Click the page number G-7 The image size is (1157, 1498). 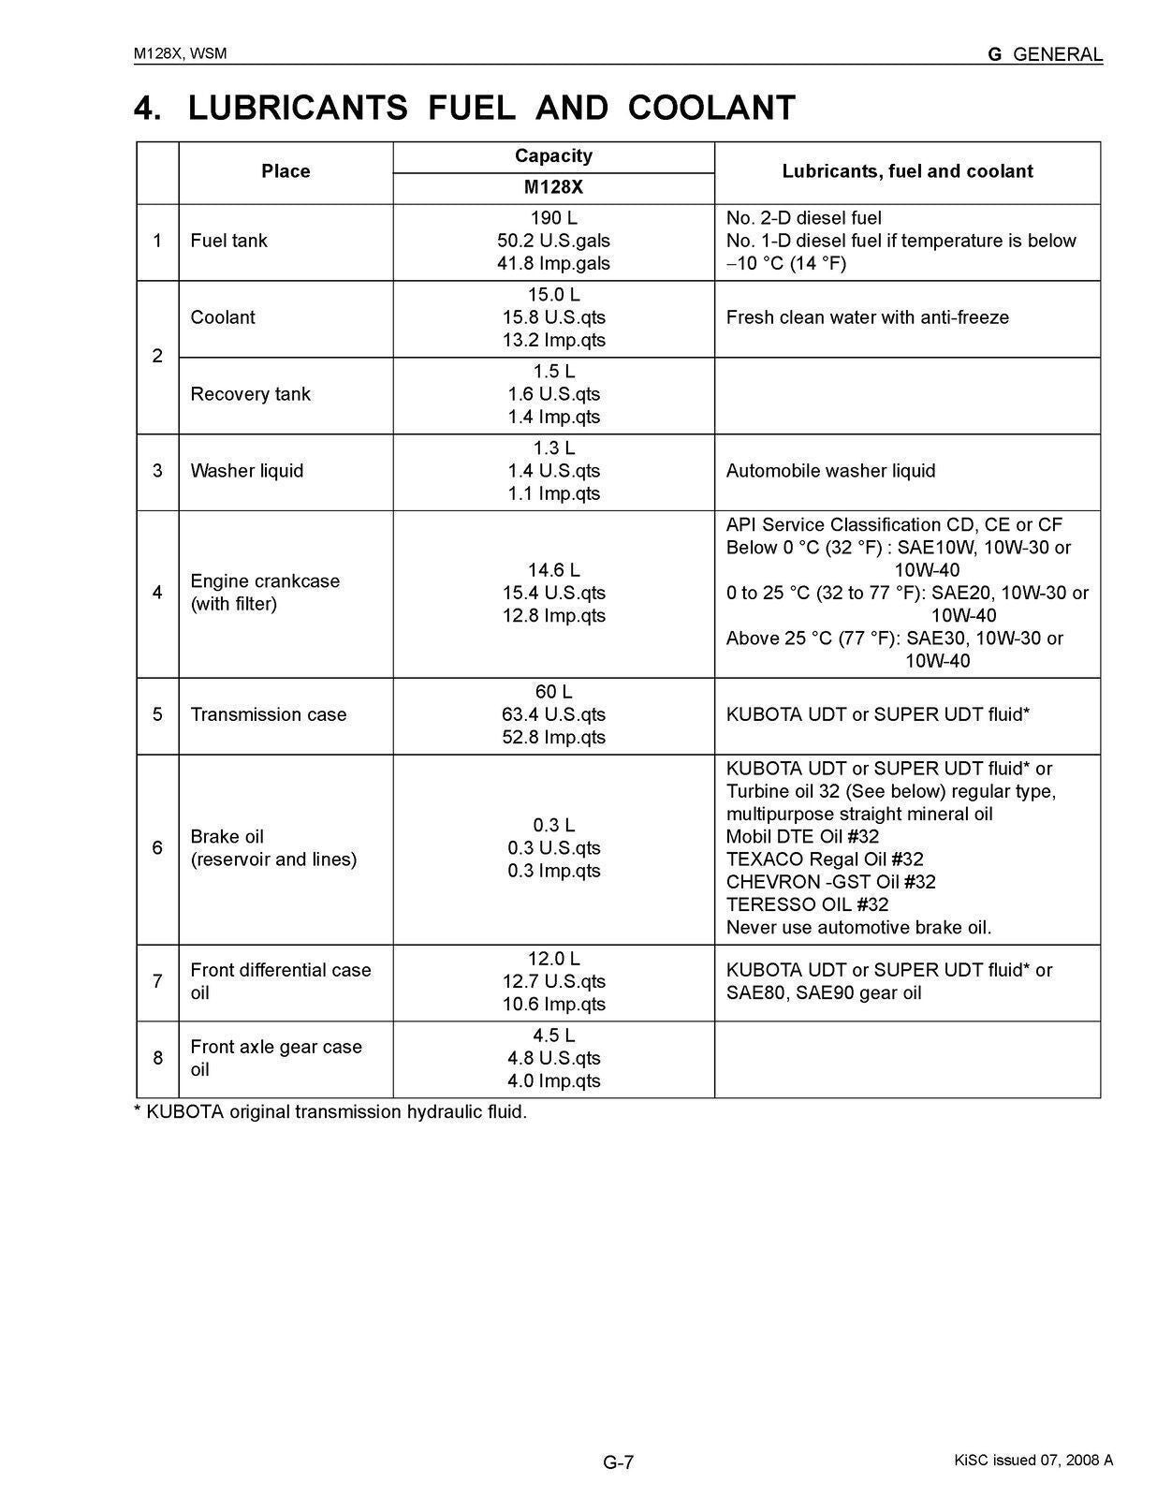pyautogui.click(x=618, y=1461)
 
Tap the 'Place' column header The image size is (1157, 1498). pyautogui.click(x=286, y=171)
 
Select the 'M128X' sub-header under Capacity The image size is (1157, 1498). pyautogui.click(x=553, y=187)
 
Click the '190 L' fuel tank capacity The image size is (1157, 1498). pyautogui.click(x=553, y=218)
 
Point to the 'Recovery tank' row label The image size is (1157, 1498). pyautogui.click(x=250, y=394)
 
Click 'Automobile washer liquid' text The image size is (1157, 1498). pyautogui.click(x=830, y=471)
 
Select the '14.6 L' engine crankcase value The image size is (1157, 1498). pyautogui.click(x=553, y=570)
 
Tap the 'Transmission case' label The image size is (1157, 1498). pyautogui.click(x=268, y=714)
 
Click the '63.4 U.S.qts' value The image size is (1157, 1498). pyautogui.click(x=553, y=714)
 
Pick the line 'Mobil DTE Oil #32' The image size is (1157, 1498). pyautogui.click(x=802, y=836)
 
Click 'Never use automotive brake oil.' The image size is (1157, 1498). pyautogui.click(x=858, y=927)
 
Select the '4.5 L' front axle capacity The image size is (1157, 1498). pyautogui.click(x=553, y=1035)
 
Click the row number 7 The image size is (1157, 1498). pyautogui.click(x=157, y=981)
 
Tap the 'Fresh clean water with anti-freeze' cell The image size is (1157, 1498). pyautogui.click(x=867, y=317)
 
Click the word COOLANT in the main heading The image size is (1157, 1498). pyautogui.click(x=711, y=109)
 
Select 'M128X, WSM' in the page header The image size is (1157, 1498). pyautogui.click(x=180, y=53)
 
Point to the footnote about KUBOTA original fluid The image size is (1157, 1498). pyautogui.click(x=330, y=1112)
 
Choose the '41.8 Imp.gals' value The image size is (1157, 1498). pyautogui.click(x=553, y=263)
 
